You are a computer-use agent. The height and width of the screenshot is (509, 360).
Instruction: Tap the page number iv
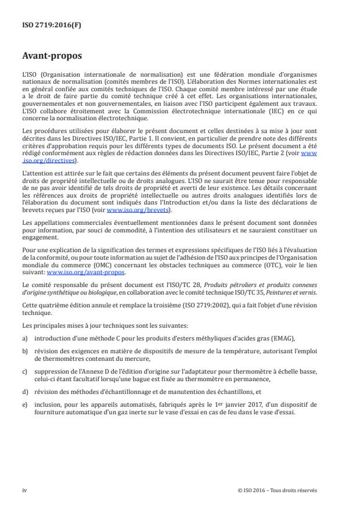(24, 490)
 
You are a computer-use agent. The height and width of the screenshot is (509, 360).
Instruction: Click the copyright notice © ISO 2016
(277, 490)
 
